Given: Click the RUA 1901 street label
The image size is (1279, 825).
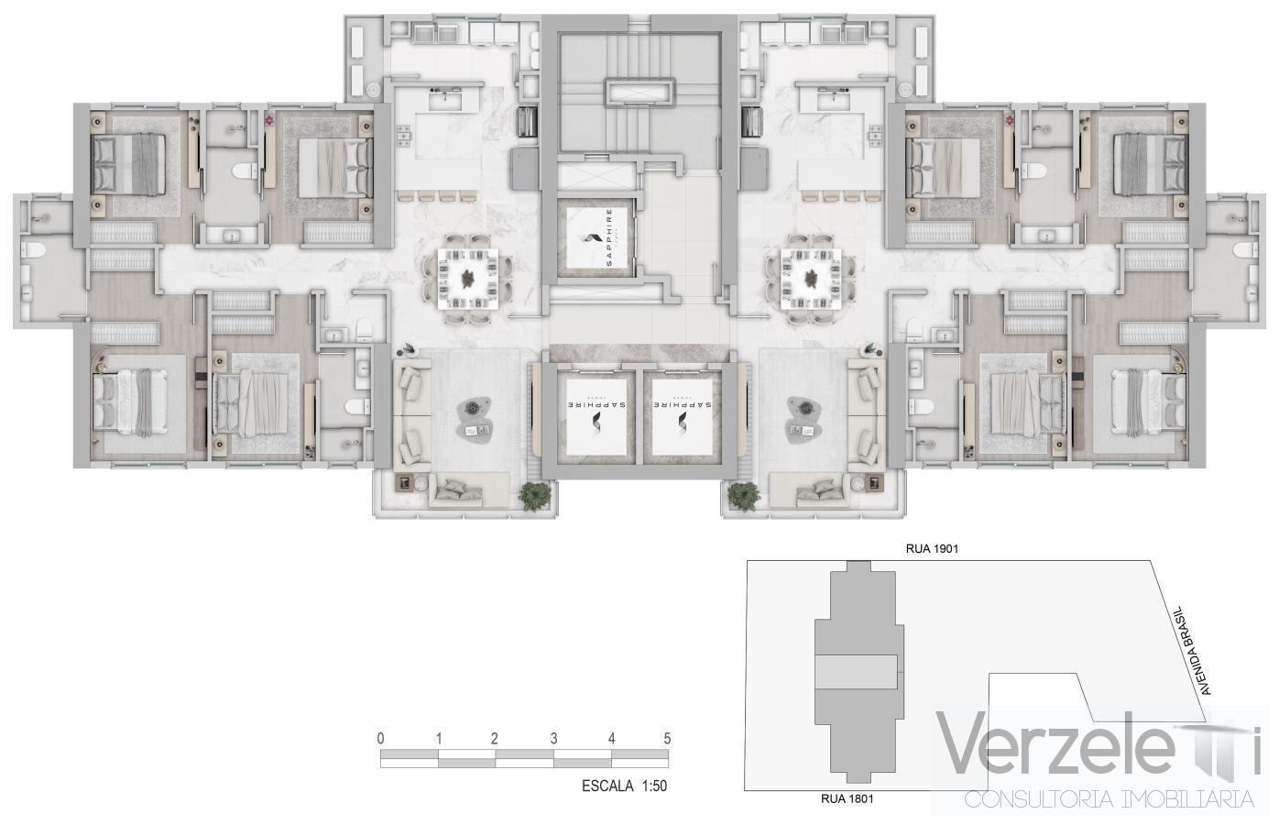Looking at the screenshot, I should (932, 549).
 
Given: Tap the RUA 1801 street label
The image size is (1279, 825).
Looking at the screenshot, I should (847, 798).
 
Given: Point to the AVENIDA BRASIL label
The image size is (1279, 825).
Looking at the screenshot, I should (1192, 649).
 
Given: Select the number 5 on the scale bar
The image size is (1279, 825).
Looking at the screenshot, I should (667, 739).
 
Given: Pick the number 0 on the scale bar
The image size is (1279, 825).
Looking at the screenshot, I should (380, 739).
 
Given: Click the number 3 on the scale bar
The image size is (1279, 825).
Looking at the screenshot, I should (553, 739).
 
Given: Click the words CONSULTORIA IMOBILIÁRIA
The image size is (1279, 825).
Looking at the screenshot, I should (1109, 799).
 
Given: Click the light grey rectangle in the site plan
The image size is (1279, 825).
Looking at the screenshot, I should (856, 672).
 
